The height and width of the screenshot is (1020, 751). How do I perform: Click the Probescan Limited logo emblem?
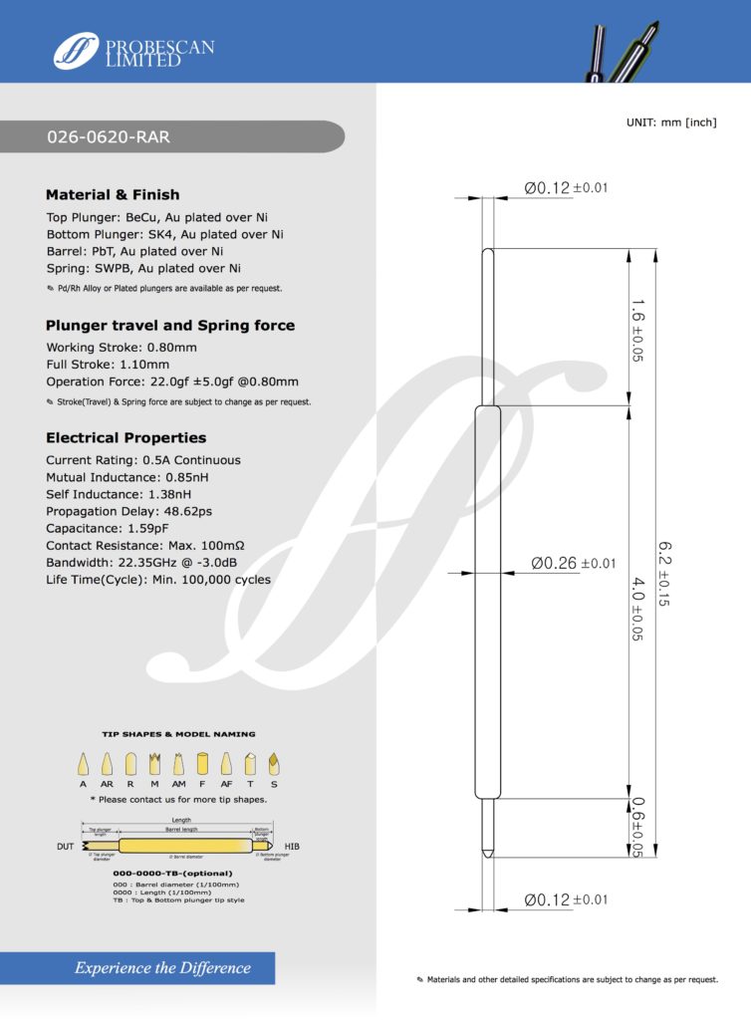[x=77, y=50]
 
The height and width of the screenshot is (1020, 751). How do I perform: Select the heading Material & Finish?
[x=113, y=194]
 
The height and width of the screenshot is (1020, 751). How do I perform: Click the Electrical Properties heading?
[x=125, y=437]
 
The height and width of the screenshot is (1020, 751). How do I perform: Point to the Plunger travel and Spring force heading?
[x=170, y=325]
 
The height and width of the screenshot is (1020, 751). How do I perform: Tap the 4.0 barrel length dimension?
[x=636, y=604]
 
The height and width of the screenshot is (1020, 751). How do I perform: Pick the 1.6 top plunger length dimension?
[x=636, y=329]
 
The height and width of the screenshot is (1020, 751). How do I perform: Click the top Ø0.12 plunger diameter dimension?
[x=565, y=188]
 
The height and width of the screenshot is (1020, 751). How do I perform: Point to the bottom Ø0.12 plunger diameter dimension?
[x=565, y=900]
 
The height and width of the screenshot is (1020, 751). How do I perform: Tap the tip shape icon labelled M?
[x=154, y=764]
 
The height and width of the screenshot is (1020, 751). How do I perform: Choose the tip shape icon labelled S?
[x=272, y=764]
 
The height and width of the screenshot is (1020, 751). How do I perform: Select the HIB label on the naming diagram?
[x=292, y=846]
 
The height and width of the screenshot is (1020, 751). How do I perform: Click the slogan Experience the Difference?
[x=162, y=967]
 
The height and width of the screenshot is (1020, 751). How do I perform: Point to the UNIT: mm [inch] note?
[x=671, y=122]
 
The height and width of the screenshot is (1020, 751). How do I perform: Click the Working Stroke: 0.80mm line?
[x=122, y=347]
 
